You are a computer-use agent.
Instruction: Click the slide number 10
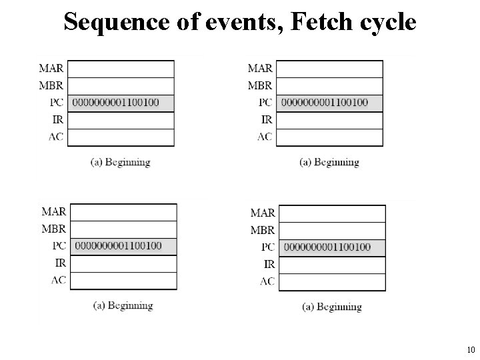point(471,349)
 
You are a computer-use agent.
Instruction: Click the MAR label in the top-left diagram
point(52,68)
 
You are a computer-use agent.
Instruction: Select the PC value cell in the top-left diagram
point(121,103)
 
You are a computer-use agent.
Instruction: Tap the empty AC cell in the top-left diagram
point(121,137)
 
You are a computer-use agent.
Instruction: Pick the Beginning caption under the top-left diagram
point(120,162)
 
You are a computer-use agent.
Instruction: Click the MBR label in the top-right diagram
point(260,85)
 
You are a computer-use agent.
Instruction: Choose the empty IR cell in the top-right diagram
point(330,120)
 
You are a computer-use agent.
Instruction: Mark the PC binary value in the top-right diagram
point(325,103)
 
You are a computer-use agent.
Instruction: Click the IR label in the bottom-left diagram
point(59,263)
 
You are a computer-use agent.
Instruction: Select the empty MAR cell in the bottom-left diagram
point(124,212)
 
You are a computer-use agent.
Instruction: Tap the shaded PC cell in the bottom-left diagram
point(124,246)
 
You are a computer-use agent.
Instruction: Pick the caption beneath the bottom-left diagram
point(123,306)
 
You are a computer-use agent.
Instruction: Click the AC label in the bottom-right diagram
point(267,281)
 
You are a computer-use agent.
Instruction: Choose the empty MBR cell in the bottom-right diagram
point(333,231)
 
